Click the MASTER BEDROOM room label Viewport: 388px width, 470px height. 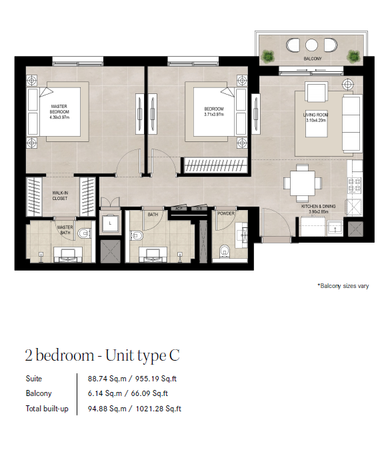coord(59,109)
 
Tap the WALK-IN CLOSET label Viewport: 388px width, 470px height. coord(60,196)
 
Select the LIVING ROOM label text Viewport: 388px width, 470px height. coord(315,115)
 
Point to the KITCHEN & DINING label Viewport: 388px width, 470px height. coord(319,206)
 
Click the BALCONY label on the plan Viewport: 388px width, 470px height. coord(313,59)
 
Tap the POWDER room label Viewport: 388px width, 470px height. coord(226,213)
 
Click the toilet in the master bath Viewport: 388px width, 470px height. coord(84,233)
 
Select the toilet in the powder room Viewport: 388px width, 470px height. coord(224,251)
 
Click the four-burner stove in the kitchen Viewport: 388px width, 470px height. coord(354,185)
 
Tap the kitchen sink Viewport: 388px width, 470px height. coord(335,228)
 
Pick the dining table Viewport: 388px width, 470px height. coord(303,183)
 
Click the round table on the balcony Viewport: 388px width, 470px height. coord(311,45)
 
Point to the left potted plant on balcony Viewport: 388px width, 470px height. coord(267,56)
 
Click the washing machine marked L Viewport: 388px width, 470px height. coord(110,223)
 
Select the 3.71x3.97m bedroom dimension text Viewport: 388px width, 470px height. coord(214,115)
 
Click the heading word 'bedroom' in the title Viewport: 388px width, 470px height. coord(65,355)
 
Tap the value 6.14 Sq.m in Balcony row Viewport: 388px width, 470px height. coord(105,393)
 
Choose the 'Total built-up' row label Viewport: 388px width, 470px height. coord(47,409)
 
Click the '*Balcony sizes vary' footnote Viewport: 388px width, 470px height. coord(343,286)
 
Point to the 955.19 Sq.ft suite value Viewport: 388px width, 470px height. coord(156,379)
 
